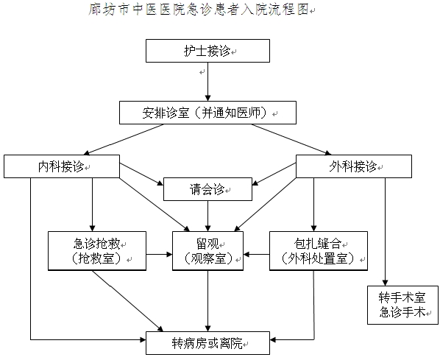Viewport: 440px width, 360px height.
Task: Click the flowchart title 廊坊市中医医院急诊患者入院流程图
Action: pyautogui.click(x=199, y=9)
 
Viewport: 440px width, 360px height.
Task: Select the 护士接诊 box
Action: pyautogui.click(x=207, y=51)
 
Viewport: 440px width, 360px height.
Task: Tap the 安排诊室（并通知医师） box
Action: pyautogui.click(x=207, y=113)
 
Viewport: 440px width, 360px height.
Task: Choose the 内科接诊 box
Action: pyautogui.click(x=62, y=166)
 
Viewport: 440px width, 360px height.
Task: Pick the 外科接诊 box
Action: pyautogui.click(x=354, y=166)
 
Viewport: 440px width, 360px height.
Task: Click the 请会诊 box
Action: pyautogui.click(x=207, y=189)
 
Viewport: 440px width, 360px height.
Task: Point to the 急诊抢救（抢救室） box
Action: pyautogui.click(x=97, y=251)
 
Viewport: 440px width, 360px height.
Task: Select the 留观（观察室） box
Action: pyautogui.click(x=207, y=251)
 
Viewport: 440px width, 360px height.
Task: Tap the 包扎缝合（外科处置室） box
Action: pyautogui.click(x=319, y=251)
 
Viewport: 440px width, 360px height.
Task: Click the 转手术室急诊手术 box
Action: pyautogui.click(x=402, y=306)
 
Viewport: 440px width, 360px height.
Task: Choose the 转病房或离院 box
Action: pyautogui.click(x=207, y=343)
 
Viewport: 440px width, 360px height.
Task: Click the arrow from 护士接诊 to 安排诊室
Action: pyautogui.click(x=207, y=82)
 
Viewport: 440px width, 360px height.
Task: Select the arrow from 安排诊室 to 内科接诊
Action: pyautogui.click(x=125, y=140)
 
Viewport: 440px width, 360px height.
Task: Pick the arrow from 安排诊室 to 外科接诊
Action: pyautogui.click(x=291, y=140)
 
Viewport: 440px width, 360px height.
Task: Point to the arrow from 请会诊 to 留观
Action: pyautogui.click(x=207, y=216)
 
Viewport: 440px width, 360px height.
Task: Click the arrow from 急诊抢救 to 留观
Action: pyautogui.click(x=159, y=255)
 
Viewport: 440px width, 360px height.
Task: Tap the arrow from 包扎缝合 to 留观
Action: pyautogui.click(x=257, y=255)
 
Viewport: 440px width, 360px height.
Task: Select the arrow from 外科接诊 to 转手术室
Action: pyautogui.click(x=385, y=232)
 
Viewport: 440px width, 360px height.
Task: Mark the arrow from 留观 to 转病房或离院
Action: pyautogui.click(x=207, y=301)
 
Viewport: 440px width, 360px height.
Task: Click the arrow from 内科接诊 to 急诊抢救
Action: pyautogui.click(x=92, y=205)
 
